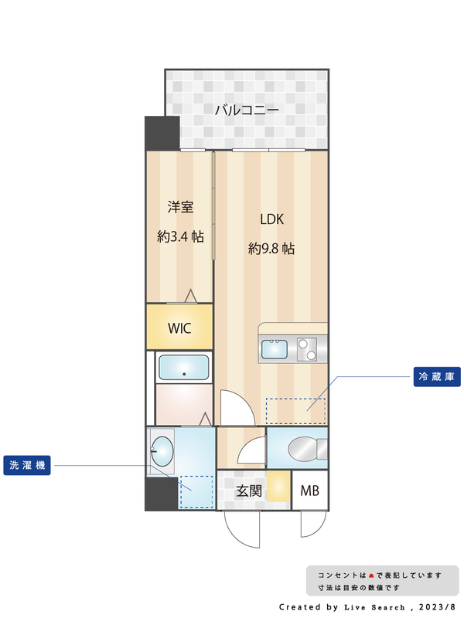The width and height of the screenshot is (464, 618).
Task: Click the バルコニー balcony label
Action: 246,110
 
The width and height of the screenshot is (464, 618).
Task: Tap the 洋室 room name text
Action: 180,207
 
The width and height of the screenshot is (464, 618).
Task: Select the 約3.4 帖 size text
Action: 180,237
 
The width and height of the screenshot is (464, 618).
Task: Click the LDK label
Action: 271,219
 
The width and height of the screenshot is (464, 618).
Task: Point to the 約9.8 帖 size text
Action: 271,249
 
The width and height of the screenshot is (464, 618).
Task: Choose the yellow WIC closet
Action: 179,327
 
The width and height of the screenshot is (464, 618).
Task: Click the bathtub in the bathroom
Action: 184,368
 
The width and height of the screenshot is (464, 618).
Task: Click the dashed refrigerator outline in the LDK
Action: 295,410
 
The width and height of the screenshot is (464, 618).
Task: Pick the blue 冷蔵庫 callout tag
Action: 437,377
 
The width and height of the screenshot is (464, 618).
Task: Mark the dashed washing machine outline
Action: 196,492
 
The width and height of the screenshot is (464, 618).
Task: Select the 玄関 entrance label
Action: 248,491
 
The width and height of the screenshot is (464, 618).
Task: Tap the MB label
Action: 309,491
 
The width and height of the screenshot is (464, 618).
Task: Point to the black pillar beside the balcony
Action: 162,134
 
